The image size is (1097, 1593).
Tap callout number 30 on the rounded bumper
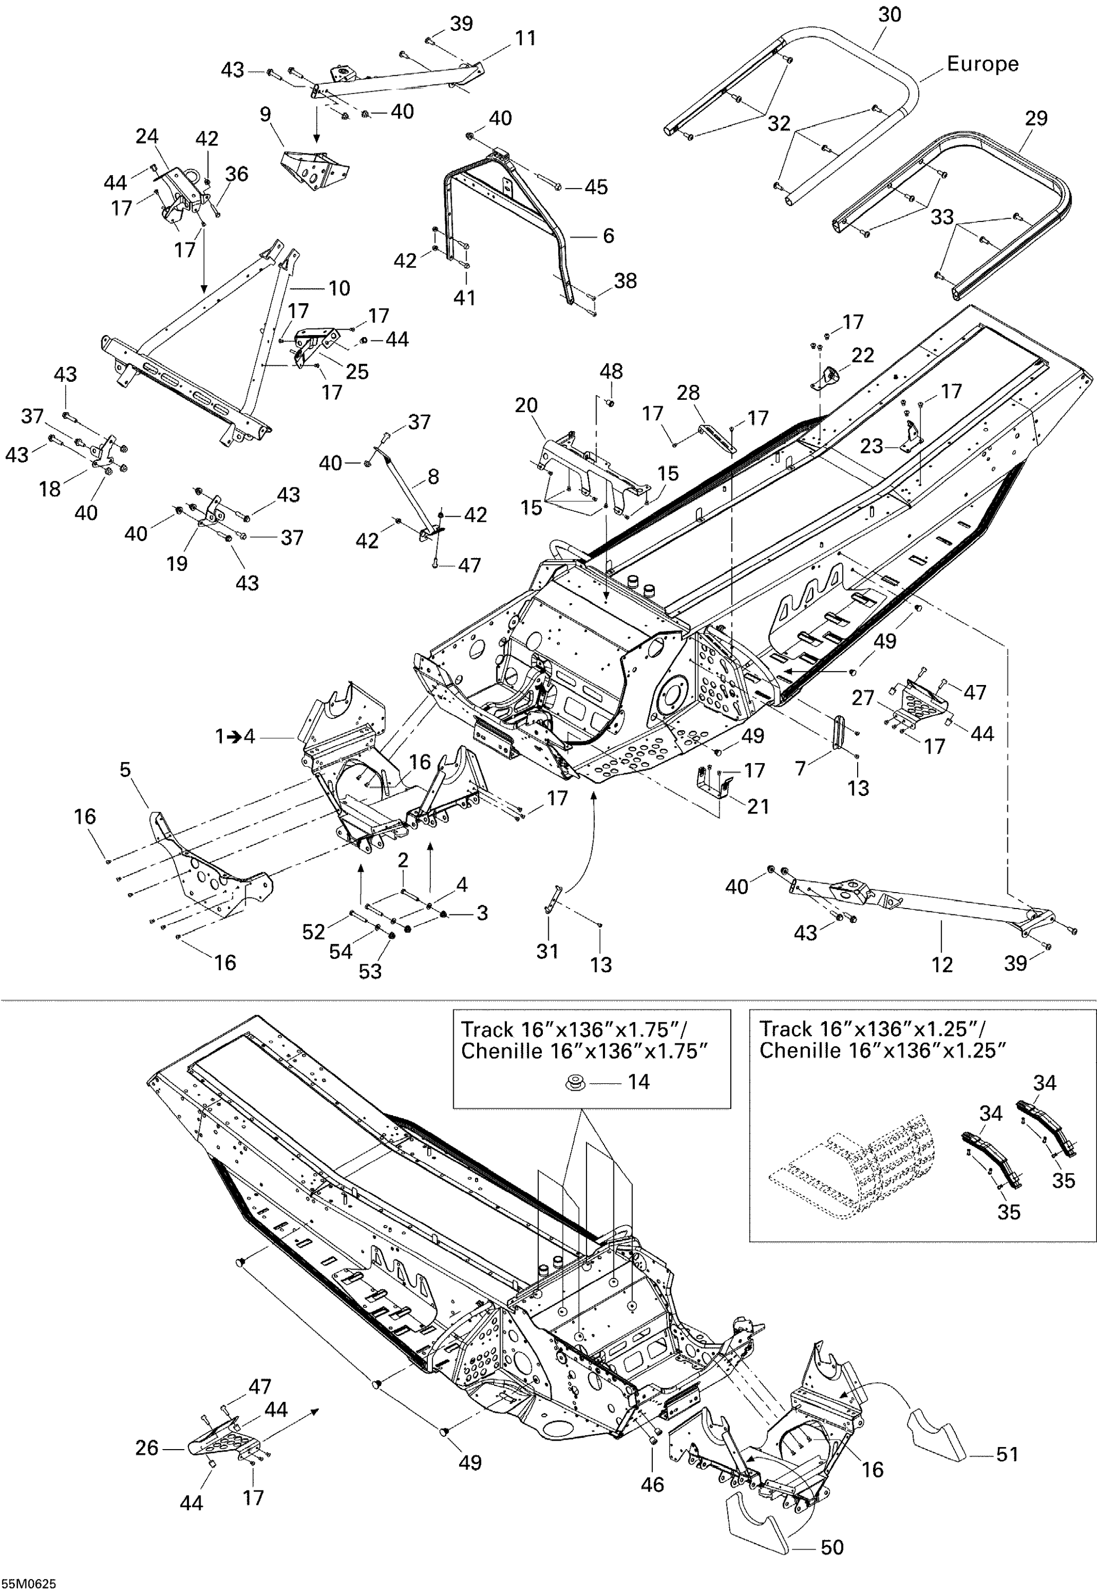point(889,14)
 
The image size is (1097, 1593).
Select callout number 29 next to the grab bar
point(1036,118)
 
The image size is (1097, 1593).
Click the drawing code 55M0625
point(28,1584)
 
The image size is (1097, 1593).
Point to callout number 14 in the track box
point(638,1082)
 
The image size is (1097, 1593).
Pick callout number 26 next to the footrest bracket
point(147,1448)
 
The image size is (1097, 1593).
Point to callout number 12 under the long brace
point(941,965)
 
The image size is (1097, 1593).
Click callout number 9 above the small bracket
point(266,114)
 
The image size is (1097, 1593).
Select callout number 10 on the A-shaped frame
point(339,288)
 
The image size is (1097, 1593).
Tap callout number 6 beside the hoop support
point(608,236)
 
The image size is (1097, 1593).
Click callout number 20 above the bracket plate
point(526,406)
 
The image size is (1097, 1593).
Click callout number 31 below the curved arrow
point(547,952)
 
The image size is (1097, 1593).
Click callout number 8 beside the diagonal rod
point(433,476)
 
